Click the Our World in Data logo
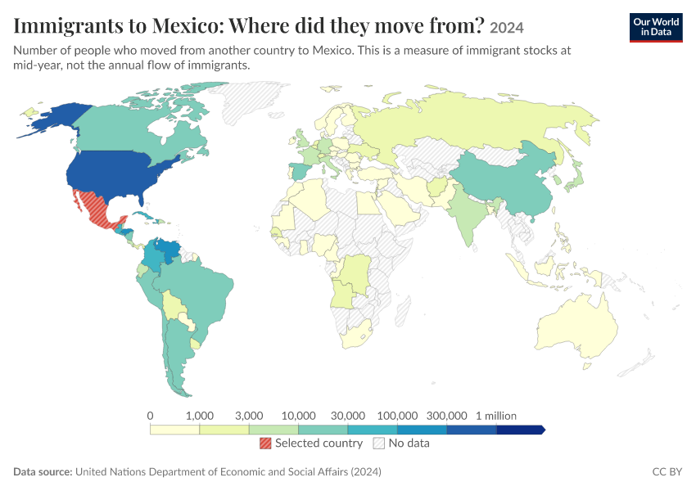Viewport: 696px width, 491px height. [x=656, y=28]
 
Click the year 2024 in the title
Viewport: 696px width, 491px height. [x=507, y=28]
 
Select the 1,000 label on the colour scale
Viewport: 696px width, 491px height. [x=199, y=416]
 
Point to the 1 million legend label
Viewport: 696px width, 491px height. [x=496, y=416]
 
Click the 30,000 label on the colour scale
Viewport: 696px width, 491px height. [x=347, y=416]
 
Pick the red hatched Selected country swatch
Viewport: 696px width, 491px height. [x=265, y=443]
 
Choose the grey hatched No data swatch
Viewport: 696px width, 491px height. [x=379, y=443]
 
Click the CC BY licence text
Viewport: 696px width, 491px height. [x=667, y=471]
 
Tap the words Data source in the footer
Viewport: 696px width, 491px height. [x=43, y=471]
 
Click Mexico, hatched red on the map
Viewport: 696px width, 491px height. [x=97, y=209]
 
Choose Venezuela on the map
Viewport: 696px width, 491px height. [x=167, y=251]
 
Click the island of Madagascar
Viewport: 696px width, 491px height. [x=402, y=311]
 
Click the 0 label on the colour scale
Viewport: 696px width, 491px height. [x=150, y=416]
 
